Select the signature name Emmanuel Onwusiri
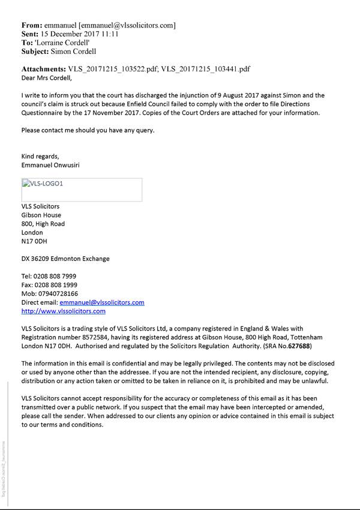(50, 165)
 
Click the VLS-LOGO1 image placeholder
(82, 189)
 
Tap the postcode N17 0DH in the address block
(34, 241)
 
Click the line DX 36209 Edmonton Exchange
(65, 259)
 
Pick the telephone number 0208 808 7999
(55, 277)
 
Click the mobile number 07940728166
(58, 294)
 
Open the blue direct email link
(102, 302)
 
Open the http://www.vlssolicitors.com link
(64, 311)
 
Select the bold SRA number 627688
(301, 346)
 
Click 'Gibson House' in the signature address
(41, 215)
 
